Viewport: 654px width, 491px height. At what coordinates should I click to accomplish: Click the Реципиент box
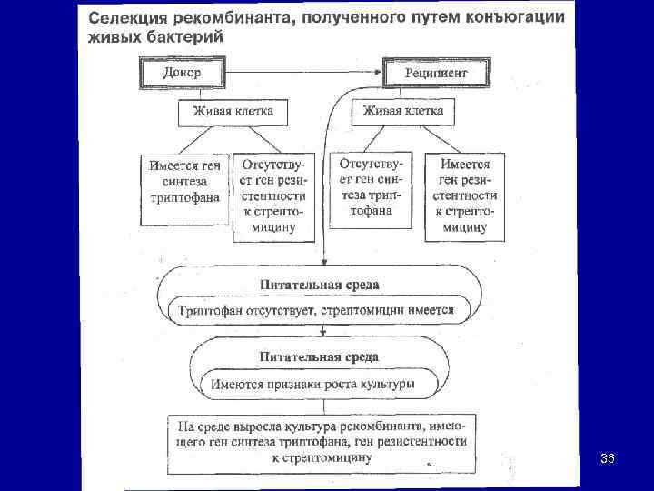[x=437, y=71]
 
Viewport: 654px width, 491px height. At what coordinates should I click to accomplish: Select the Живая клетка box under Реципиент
[x=403, y=112]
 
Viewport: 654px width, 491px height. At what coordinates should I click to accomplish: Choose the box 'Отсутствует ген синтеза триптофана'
[x=369, y=188]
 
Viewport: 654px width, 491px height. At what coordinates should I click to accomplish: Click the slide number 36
[x=608, y=459]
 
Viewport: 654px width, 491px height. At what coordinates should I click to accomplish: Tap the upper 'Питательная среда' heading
[x=319, y=285]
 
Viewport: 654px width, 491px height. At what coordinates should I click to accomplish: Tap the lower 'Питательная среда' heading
[x=319, y=356]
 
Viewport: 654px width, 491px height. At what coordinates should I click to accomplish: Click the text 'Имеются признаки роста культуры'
[x=312, y=384]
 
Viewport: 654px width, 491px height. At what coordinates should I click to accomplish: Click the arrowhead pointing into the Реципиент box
[x=379, y=70]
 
